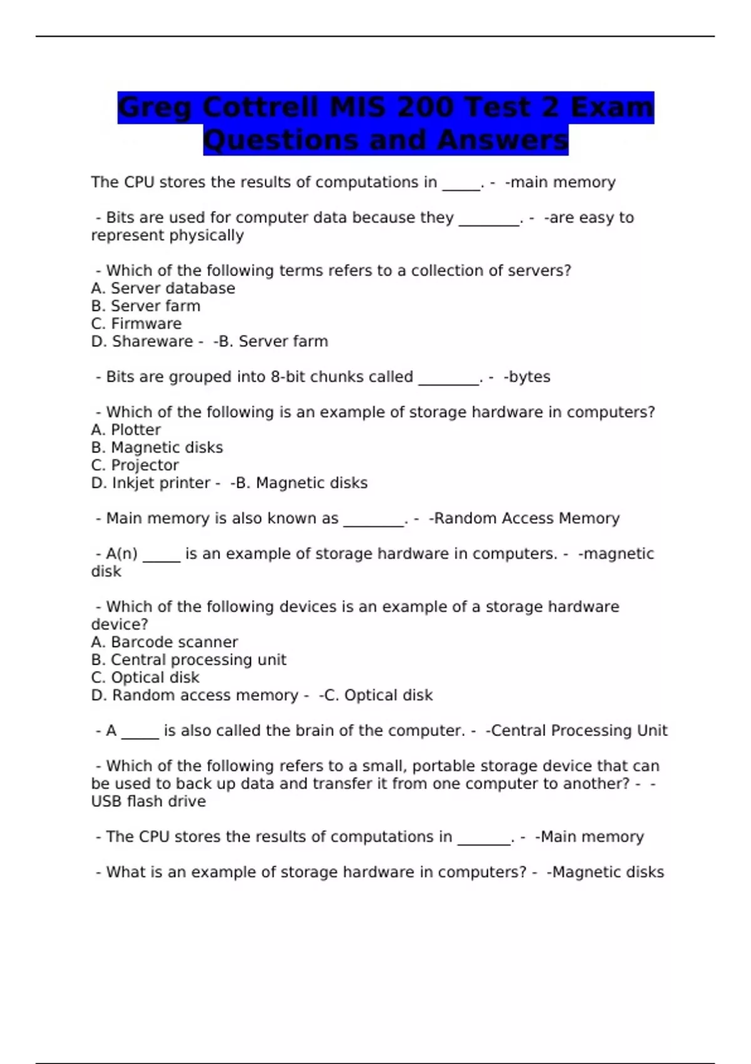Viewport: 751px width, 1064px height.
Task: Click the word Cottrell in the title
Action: click(x=261, y=107)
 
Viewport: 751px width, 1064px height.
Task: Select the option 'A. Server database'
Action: click(x=163, y=289)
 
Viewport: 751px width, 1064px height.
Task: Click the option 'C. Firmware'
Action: click(x=136, y=324)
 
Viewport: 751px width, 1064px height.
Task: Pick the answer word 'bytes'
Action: click(x=529, y=377)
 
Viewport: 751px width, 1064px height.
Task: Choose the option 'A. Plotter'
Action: click(x=126, y=430)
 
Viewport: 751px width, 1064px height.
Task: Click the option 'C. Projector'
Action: click(x=135, y=465)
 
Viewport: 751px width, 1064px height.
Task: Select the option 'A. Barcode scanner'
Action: click(x=164, y=642)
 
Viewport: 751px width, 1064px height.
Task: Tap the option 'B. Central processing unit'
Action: click(x=188, y=660)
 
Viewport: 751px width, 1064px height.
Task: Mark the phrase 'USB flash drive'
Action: click(x=148, y=801)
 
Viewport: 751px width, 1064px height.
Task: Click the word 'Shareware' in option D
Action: click(x=153, y=341)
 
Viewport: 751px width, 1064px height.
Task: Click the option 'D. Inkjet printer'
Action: click(x=150, y=483)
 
